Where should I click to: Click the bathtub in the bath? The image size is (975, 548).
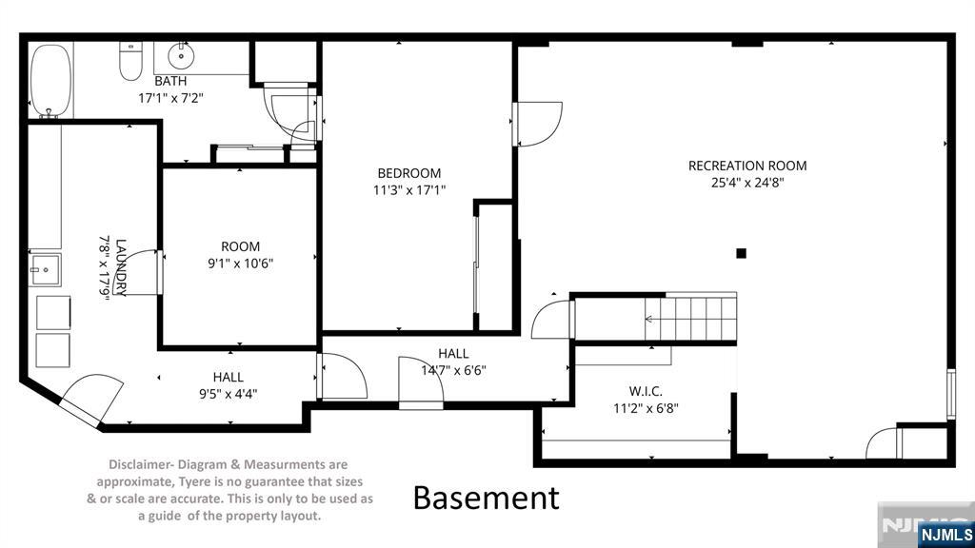(50, 80)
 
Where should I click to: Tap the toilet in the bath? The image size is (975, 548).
(130, 61)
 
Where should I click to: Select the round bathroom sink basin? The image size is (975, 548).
(181, 56)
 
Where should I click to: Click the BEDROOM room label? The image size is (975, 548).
(409, 173)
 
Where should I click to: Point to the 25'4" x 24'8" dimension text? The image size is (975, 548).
(747, 183)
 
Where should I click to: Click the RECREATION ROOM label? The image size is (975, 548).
(747, 166)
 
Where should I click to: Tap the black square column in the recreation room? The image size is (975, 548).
(741, 253)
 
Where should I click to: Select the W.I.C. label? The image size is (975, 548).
(646, 391)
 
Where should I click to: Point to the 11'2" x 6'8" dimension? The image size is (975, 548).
(646, 408)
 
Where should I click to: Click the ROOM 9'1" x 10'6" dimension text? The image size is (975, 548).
(241, 264)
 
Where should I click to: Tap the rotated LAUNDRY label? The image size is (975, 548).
(121, 267)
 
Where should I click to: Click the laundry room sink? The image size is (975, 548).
(45, 270)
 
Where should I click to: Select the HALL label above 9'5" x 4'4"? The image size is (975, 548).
(229, 377)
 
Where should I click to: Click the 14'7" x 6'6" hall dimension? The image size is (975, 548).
(453, 370)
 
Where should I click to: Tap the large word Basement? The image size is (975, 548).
(487, 498)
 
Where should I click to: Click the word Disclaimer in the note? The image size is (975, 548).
(141, 464)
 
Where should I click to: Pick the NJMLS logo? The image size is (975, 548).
(945, 535)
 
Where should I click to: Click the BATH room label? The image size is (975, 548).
(170, 81)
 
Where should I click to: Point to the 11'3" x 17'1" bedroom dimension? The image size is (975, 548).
(409, 190)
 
